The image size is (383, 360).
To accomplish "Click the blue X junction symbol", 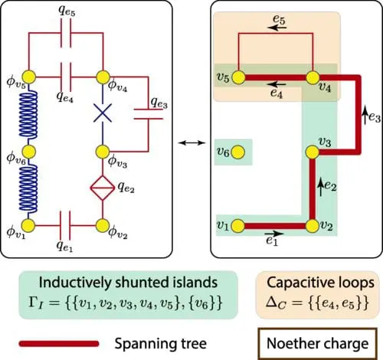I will tap(102, 113).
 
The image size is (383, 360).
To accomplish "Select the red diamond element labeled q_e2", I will tap(102, 188).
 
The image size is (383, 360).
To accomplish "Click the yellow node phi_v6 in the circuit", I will tap(29, 151).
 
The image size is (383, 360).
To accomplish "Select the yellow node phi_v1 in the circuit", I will tap(29, 225).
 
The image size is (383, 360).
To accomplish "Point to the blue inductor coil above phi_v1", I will tap(29, 188).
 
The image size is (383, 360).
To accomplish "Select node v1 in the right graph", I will tap(238, 225).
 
